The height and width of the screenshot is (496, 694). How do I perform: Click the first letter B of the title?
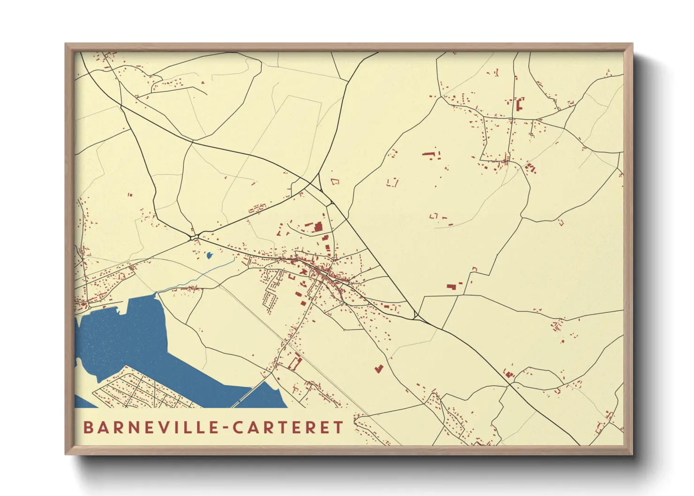pos(88,428)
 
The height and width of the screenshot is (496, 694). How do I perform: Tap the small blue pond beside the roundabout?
pos(209,256)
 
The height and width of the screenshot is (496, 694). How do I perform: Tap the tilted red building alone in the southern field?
pos(379,368)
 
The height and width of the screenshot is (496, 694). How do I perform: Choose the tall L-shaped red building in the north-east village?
pos(520,104)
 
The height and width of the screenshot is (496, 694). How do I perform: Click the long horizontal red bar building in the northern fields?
pos(429,153)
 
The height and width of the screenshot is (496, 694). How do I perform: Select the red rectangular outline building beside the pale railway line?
pos(295,363)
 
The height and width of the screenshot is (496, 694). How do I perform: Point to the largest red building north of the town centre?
pos(318,227)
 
